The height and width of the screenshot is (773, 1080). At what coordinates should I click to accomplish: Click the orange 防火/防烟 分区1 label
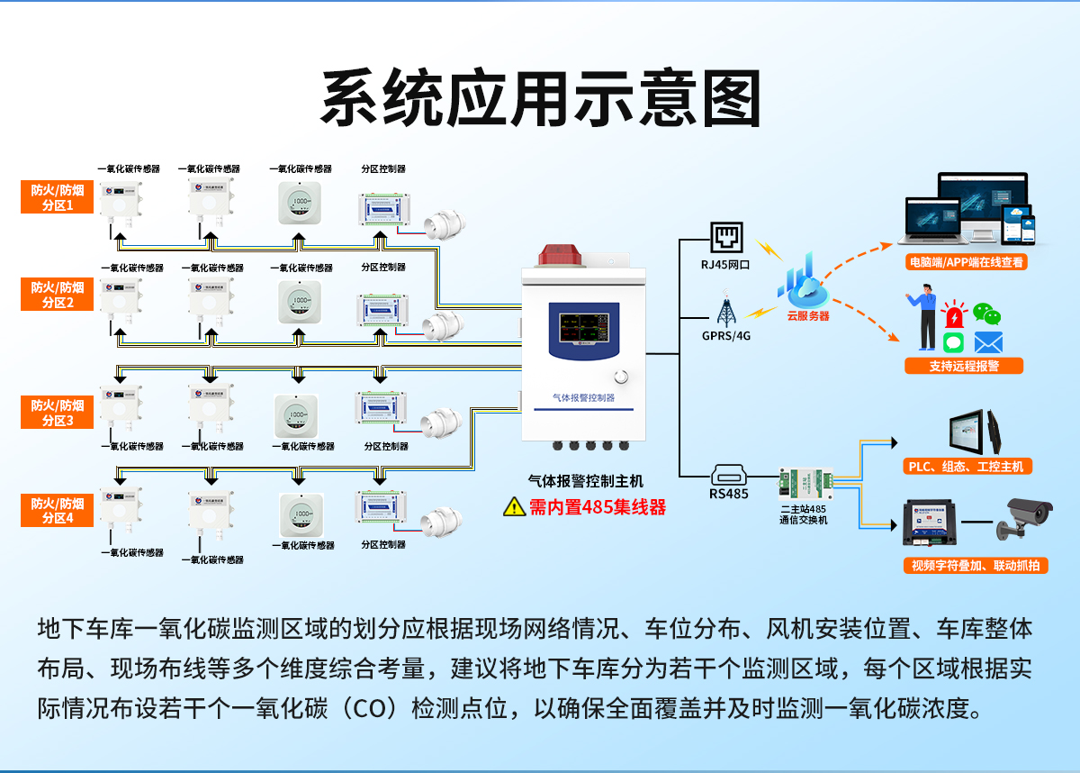pyautogui.click(x=57, y=197)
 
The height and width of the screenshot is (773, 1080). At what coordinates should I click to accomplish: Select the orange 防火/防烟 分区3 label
pyautogui.click(x=57, y=413)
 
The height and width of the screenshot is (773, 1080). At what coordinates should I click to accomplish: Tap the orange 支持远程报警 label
pyautogui.click(x=964, y=366)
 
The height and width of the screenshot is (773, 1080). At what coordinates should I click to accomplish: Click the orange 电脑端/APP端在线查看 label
pyautogui.click(x=967, y=262)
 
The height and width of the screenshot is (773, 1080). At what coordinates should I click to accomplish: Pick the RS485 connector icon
pyautogui.click(x=728, y=475)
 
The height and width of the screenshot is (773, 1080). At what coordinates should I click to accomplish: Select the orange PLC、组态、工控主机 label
pyautogui.click(x=967, y=466)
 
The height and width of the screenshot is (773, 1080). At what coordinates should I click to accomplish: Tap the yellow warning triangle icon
pyautogui.click(x=514, y=506)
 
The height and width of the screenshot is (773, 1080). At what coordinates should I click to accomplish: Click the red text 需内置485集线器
pyautogui.click(x=598, y=507)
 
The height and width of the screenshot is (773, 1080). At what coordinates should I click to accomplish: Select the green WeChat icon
pyautogui.click(x=987, y=314)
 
